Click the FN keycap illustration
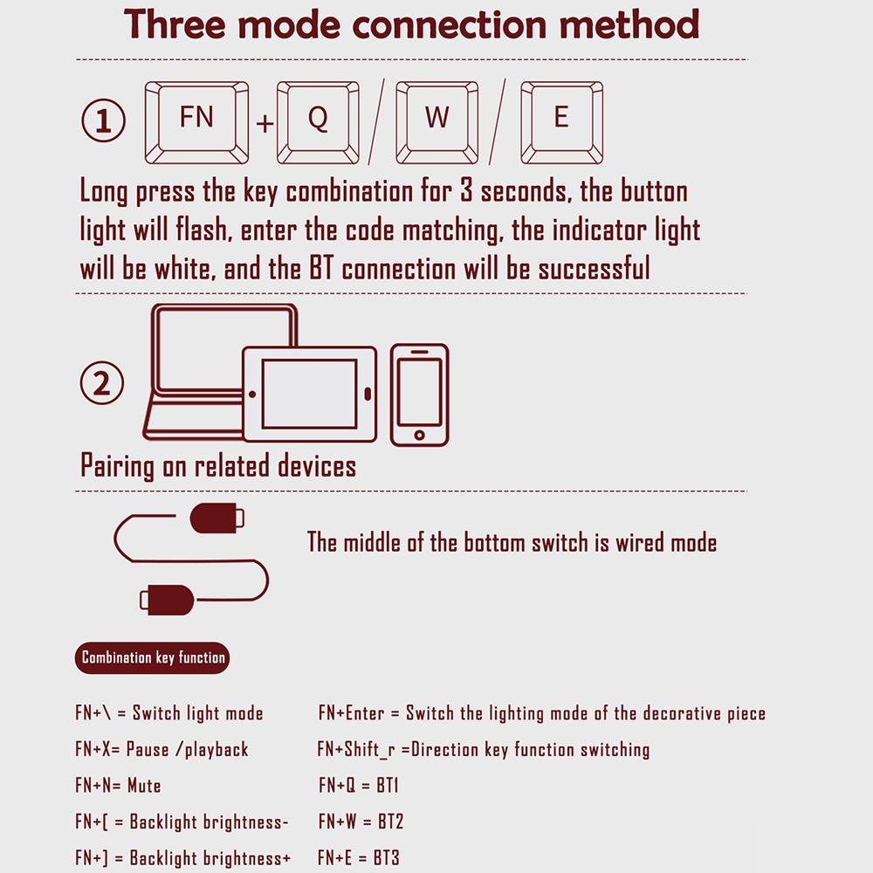[196, 122]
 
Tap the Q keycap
[318, 122]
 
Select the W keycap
[437, 122]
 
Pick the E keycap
[561, 122]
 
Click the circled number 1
[104, 120]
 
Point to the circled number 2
[102, 383]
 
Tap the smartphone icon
[419, 395]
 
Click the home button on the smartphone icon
[419, 435]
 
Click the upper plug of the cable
[217, 518]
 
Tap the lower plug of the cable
[167, 600]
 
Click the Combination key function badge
[153, 657]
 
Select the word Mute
[144, 786]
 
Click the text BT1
[388, 786]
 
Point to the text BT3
[387, 858]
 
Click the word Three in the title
[175, 24]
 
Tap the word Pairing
[117, 466]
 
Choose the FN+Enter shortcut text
[352, 713]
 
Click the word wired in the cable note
[639, 542]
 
